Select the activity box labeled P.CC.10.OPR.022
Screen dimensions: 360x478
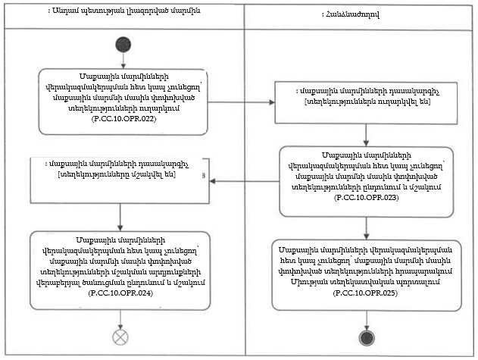pyautogui.click(x=122, y=101)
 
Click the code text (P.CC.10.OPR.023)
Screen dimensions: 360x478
pyautogui.click(x=365, y=197)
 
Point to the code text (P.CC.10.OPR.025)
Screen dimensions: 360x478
pyautogui.click(x=366, y=292)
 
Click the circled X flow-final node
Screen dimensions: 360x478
pyautogui.click(x=121, y=335)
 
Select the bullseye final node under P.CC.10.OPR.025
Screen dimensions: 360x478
pyautogui.click(x=366, y=337)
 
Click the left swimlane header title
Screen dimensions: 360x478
pyautogui.click(x=122, y=13)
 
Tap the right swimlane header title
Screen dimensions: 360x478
pyautogui.click(x=358, y=14)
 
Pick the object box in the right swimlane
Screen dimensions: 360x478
pyautogui.click(x=365, y=97)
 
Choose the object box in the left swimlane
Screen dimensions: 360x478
pyautogui.click(x=119, y=180)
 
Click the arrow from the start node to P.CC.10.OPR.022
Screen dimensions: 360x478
pyautogui.click(x=122, y=60)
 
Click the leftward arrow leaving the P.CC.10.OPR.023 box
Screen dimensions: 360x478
pyautogui.click(x=244, y=180)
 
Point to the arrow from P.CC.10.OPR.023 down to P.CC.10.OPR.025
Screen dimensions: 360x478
pyautogui.click(x=366, y=226)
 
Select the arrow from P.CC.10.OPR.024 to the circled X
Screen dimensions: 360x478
pyautogui.click(x=121, y=318)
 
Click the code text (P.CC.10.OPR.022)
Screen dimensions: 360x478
pyautogui.click(x=121, y=120)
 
